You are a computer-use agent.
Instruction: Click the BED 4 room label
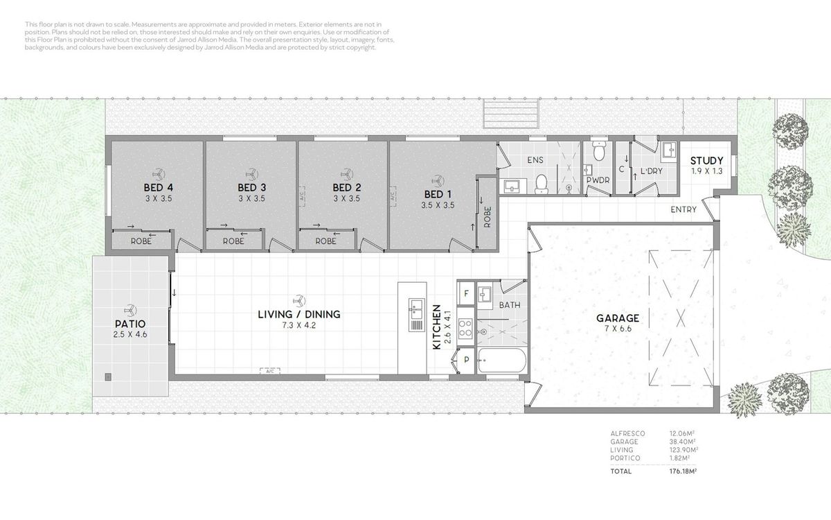(x=159, y=188)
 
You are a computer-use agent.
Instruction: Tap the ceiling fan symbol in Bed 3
(x=252, y=174)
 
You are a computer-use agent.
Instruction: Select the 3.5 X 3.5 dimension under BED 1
(x=438, y=205)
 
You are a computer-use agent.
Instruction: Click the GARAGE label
(x=618, y=318)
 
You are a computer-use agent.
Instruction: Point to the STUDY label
(x=707, y=160)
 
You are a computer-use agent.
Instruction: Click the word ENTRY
(x=683, y=209)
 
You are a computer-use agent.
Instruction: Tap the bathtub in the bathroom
(x=502, y=361)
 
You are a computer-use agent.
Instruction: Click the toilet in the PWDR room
(x=599, y=150)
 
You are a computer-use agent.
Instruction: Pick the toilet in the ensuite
(x=542, y=184)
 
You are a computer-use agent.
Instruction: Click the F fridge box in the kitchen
(x=466, y=293)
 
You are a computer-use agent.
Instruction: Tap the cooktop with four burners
(x=465, y=329)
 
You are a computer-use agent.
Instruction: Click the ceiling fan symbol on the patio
(x=130, y=310)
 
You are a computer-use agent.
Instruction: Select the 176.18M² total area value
(x=683, y=471)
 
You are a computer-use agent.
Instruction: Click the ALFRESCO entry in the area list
(x=627, y=433)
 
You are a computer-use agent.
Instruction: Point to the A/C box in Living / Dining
(x=269, y=371)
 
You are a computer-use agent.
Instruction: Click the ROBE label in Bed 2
(x=325, y=241)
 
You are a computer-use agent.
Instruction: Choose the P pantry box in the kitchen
(x=466, y=360)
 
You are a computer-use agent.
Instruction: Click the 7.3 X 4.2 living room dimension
(x=298, y=325)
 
